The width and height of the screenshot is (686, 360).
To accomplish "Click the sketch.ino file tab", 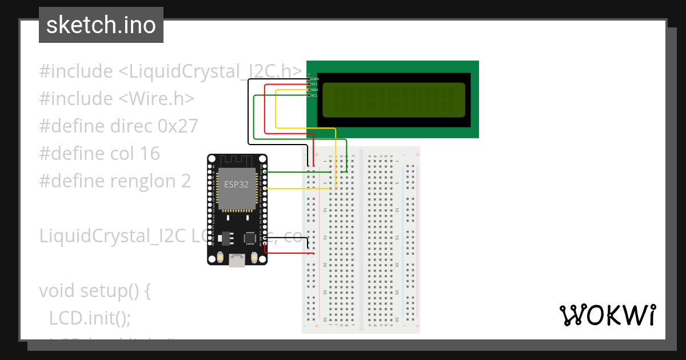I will click(x=101, y=25).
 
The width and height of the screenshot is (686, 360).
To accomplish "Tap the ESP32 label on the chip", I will click(x=236, y=183).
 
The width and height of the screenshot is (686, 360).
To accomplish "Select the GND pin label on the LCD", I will click(x=314, y=78).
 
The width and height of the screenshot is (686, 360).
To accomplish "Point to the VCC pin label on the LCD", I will click(x=314, y=84).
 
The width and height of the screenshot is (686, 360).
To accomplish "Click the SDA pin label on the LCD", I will click(x=314, y=90).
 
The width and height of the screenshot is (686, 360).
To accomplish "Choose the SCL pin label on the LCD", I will click(x=314, y=95).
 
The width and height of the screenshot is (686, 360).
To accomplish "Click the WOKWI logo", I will click(x=607, y=315).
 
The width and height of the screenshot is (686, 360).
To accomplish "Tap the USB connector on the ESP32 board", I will click(x=237, y=261).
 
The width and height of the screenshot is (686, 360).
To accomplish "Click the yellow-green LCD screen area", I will click(x=394, y=100).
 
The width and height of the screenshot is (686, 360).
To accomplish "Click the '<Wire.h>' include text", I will click(x=157, y=99).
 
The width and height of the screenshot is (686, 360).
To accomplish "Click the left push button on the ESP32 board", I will click(x=220, y=259).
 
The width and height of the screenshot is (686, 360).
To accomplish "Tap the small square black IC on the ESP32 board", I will click(x=250, y=238).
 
